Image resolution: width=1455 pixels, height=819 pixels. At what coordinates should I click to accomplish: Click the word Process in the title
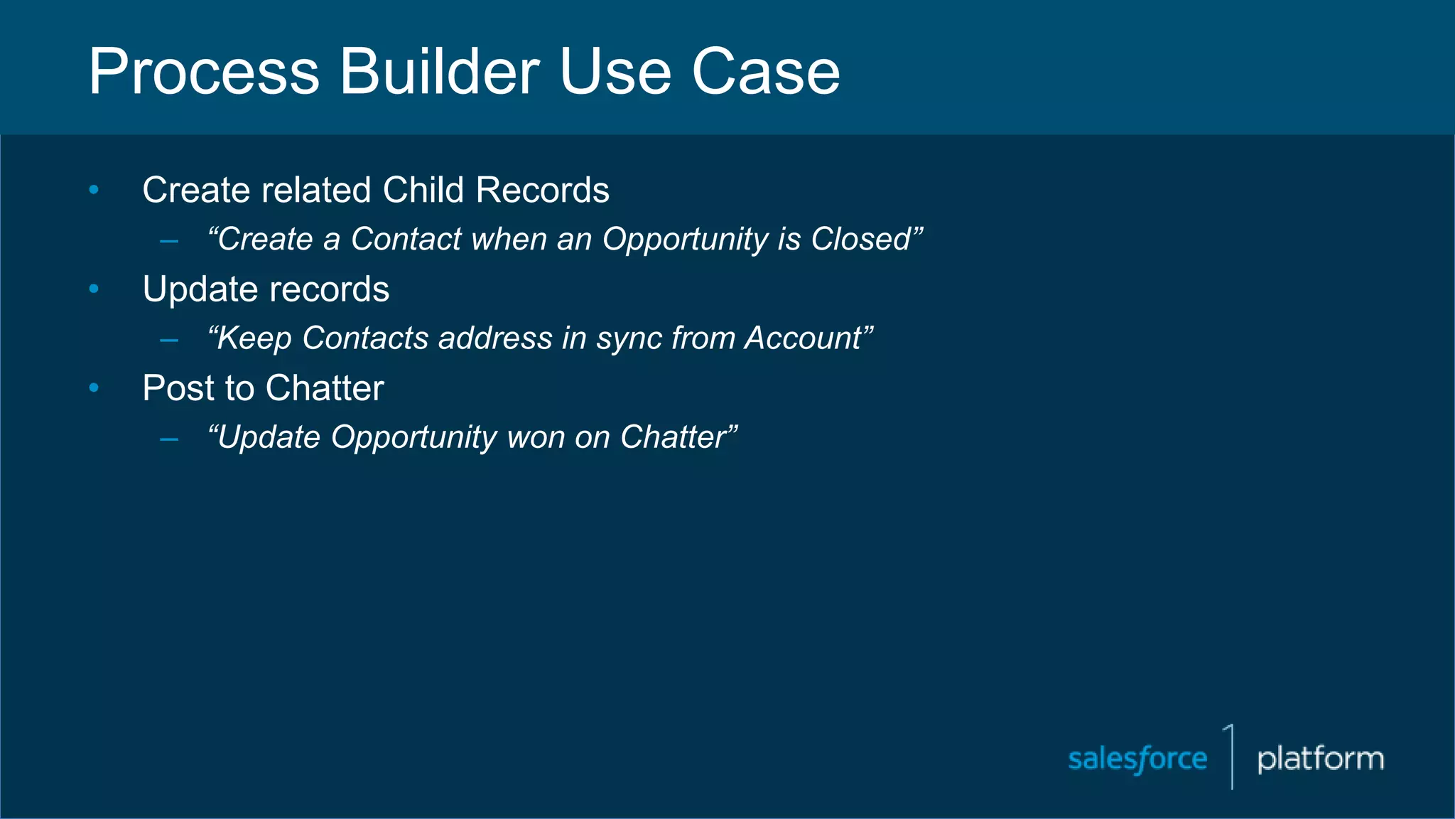click(x=204, y=72)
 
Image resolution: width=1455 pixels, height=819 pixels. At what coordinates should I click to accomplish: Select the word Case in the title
click(x=765, y=72)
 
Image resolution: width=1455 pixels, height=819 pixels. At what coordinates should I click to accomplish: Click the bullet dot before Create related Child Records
click(x=94, y=190)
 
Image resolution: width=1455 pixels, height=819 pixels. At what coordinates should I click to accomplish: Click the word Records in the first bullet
click(x=542, y=191)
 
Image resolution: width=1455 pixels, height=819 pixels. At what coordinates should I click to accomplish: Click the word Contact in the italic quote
click(x=406, y=240)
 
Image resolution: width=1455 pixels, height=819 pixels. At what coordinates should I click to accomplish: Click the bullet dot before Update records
click(x=94, y=289)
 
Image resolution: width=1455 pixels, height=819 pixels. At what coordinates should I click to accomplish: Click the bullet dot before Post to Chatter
click(x=94, y=387)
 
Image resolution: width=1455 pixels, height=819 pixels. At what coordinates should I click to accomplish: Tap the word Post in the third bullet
click(x=178, y=389)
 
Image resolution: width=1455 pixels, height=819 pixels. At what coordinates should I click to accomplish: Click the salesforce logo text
click(x=1137, y=759)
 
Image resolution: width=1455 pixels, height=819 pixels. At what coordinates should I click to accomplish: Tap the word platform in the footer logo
click(x=1320, y=759)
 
